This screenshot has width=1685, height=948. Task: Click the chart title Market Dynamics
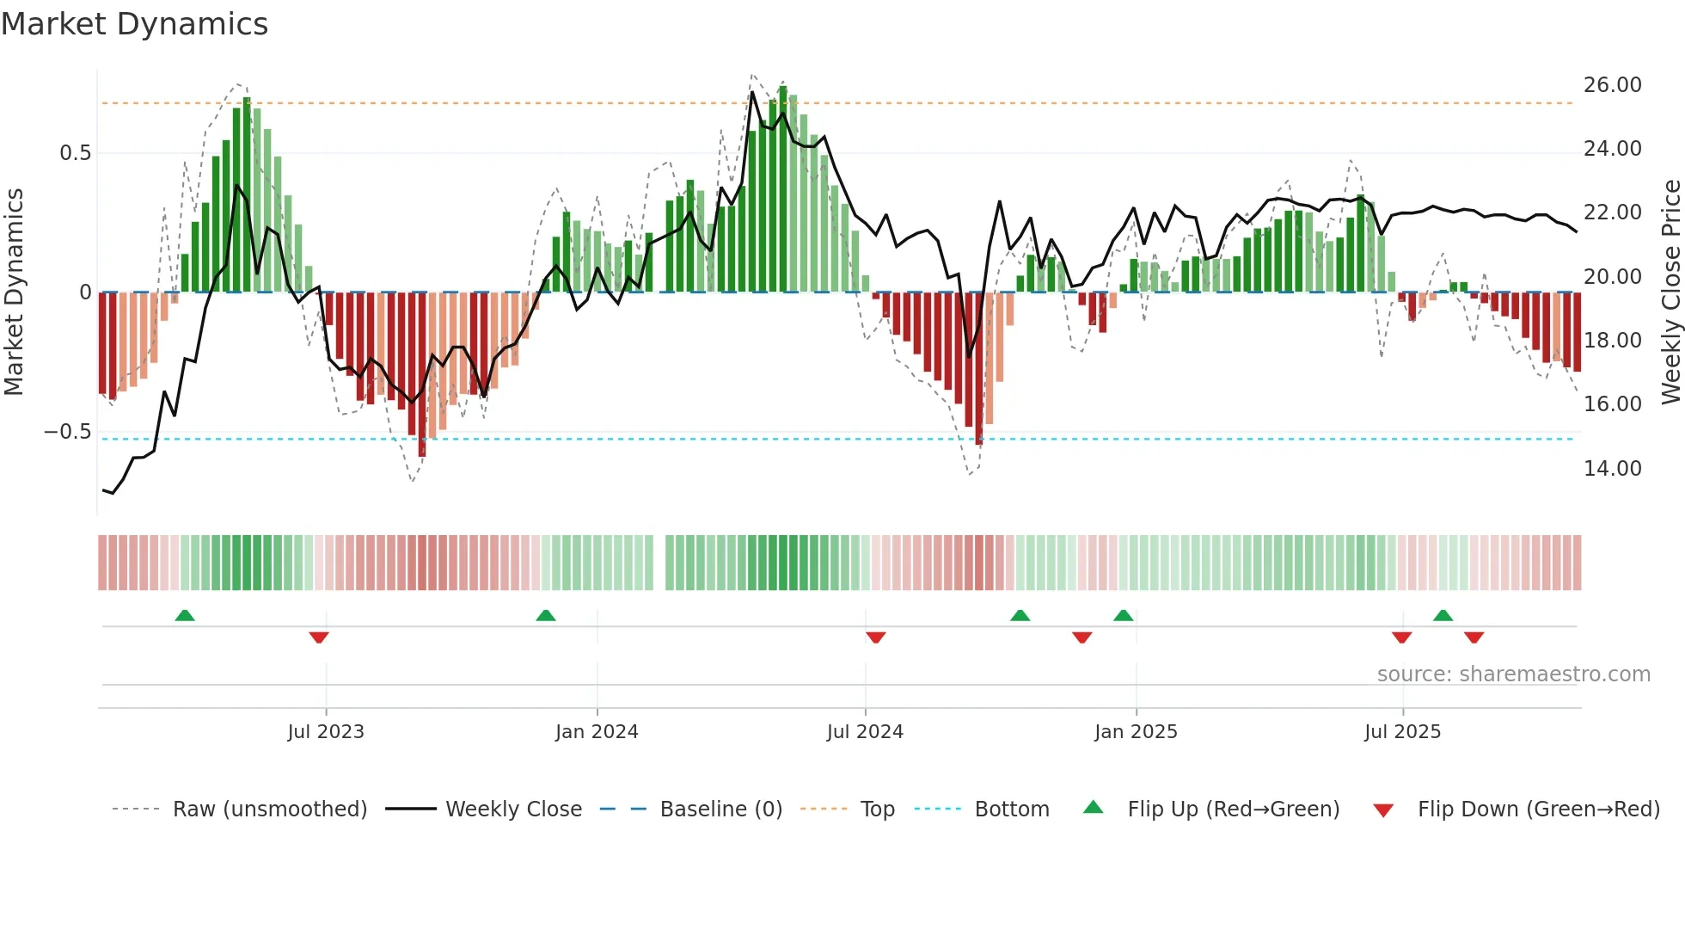coord(134,24)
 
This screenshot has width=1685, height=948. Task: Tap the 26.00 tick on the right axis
coord(1612,85)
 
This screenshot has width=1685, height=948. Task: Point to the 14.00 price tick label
coord(1612,469)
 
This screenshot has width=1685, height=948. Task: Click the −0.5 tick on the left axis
coord(68,432)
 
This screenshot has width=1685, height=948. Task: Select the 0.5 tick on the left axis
coord(75,153)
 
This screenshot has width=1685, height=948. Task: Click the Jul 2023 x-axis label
coord(326,732)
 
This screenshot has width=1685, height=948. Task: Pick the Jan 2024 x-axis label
coord(597,732)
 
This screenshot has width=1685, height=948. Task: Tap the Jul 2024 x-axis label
coord(865,732)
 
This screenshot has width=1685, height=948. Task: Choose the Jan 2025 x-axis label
coord(1136,732)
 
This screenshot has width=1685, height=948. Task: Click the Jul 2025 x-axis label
coord(1402,732)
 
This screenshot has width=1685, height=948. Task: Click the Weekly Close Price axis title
coord(1670,292)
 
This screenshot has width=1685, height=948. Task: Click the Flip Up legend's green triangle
coord(1093,807)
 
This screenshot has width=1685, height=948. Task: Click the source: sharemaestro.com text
coord(1513,674)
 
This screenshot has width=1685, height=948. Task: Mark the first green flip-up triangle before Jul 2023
coord(185,615)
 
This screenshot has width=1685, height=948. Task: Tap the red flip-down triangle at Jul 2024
coord(875,637)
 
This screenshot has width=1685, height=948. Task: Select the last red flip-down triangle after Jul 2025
coord(1474,637)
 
